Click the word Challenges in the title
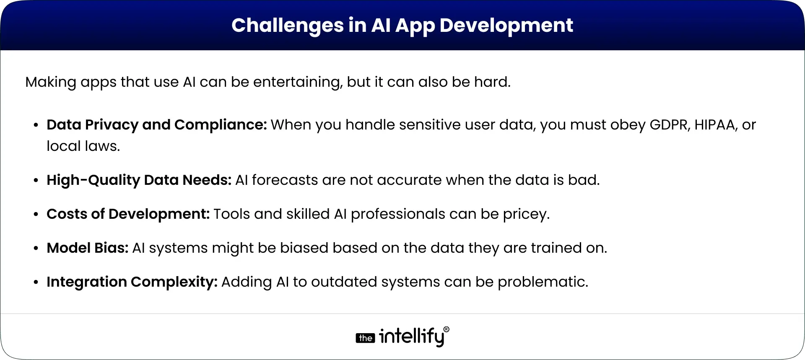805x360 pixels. click(x=287, y=25)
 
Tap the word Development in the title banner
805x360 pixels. click(x=506, y=25)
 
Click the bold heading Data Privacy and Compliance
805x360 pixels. click(x=156, y=125)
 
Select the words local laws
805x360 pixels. click(x=83, y=146)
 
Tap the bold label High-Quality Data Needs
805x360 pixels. click(x=139, y=180)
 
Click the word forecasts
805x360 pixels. click(x=285, y=180)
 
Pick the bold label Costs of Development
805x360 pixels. click(x=128, y=214)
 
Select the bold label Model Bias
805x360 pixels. click(x=87, y=248)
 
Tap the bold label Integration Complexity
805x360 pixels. click(x=132, y=282)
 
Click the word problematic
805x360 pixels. click(x=543, y=282)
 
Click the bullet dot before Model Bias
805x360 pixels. click(x=36, y=249)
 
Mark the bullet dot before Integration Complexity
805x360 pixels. click(x=36, y=282)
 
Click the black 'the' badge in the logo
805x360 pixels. click(x=365, y=338)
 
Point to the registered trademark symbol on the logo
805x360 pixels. click(x=446, y=330)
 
